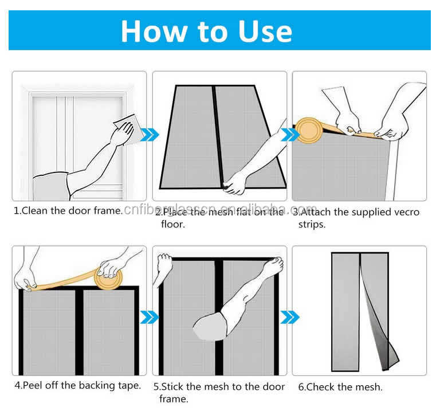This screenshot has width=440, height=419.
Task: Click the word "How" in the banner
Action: tap(154, 31)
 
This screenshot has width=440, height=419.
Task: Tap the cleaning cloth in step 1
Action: tap(129, 128)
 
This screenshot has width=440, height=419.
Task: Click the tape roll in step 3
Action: tap(309, 130)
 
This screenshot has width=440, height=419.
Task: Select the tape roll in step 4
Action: tap(108, 278)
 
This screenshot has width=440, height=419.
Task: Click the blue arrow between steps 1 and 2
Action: tap(150, 135)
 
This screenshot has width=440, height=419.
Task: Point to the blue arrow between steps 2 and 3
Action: tap(289, 135)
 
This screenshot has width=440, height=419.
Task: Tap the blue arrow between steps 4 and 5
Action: tap(150, 318)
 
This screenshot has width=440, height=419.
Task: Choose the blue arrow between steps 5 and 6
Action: tap(289, 318)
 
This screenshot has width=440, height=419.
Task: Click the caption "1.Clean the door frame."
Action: tap(68, 210)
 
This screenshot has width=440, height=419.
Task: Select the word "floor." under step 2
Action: tap(172, 224)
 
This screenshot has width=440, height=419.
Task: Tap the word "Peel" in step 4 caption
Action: tap(32, 385)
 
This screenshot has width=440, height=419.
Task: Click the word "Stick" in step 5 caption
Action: tap(172, 387)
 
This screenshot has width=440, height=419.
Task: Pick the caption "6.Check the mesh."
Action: tap(340, 387)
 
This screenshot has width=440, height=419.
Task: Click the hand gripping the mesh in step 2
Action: tap(234, 185)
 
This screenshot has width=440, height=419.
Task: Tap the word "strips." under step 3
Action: tap(312, 225)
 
